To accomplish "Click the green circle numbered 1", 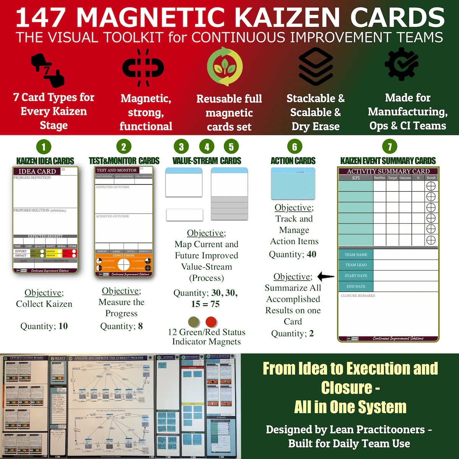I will [44, 147].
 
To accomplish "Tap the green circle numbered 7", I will [390, 146].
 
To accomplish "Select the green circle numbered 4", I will [207, 146].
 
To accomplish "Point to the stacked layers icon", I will [316, 66].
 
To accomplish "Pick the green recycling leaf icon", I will [225, 66].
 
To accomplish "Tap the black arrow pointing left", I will [326, 276].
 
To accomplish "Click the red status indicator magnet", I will [211, 322].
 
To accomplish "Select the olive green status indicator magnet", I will [194, 322].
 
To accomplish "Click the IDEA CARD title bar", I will [37, 171].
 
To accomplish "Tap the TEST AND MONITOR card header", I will [117, 170].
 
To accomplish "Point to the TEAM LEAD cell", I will [356, 265].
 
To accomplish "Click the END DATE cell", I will [356, 286].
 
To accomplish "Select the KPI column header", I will [356, 178].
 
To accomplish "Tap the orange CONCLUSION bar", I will [124, 255].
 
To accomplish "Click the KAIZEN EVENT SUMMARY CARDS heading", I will [388, 161].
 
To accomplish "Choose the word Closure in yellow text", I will [347, 387].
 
